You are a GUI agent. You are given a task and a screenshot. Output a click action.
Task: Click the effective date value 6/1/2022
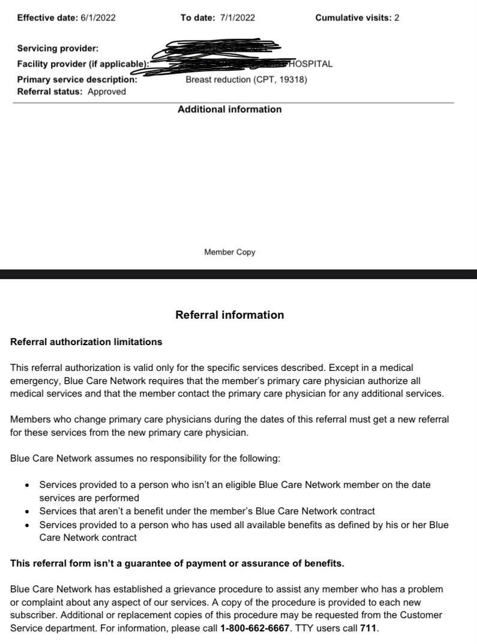98,18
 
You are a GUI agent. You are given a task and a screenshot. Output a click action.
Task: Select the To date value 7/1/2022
237,18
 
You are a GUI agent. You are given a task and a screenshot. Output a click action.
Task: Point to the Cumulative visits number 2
397,18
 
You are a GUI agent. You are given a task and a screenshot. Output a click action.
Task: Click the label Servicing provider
58,49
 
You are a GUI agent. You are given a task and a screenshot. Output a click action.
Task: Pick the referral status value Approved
107,92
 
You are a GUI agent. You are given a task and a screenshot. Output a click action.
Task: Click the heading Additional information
229,109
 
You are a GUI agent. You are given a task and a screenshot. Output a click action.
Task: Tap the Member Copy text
229,252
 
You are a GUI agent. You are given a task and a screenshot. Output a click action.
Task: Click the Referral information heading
229,315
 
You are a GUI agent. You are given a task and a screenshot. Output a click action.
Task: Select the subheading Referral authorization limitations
86,342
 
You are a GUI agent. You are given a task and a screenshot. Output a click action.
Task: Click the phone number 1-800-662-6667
255,628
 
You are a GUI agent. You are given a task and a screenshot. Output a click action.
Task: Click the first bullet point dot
27,485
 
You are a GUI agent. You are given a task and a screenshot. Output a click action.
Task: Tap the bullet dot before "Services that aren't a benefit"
27,512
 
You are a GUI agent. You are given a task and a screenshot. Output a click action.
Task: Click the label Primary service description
77,79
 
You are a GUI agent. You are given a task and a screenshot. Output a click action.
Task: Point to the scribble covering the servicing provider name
222,46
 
